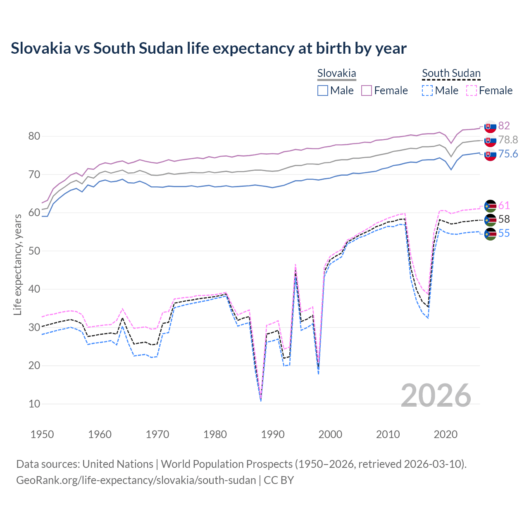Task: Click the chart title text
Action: (x=209, y=48)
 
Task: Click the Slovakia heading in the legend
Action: (x=336, y=74)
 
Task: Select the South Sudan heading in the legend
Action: (x=451, y=74)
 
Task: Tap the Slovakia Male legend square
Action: (x=323, y=91)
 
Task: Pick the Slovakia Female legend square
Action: (x=367, y=91)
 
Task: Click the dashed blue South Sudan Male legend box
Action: (x=427, y=91)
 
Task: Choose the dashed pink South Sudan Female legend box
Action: (x=472, y=91)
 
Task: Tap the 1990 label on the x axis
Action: (x=273, y=434)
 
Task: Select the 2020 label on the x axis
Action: (x=446, y=434)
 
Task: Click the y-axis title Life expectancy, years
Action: (x=17, y=264)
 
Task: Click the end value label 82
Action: (x=504, y=126)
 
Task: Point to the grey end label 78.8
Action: (x=508, y=140)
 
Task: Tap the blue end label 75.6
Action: (x=508, y=154)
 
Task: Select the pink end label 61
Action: (x=504, y=205)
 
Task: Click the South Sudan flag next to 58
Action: (x=490, y=220)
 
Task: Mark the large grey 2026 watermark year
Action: (x=436, y=396)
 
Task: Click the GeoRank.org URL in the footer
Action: (x=136, y=480)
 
